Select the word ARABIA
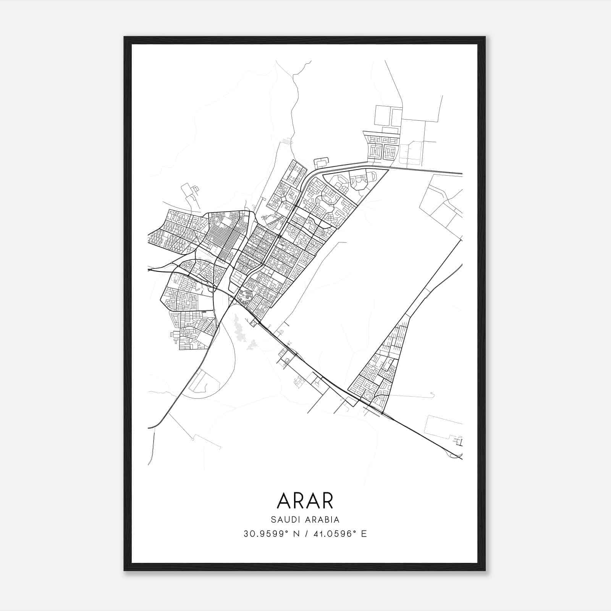pyautogui.click(x=321, y=520)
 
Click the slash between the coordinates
pyautogui.click(x=306, y=534)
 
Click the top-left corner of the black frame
pyautogui.click(x=124, y=37)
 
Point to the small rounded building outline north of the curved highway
pyautogui.click(x=322, y=162)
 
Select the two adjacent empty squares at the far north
pyautogui.click(x=388, y=116)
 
